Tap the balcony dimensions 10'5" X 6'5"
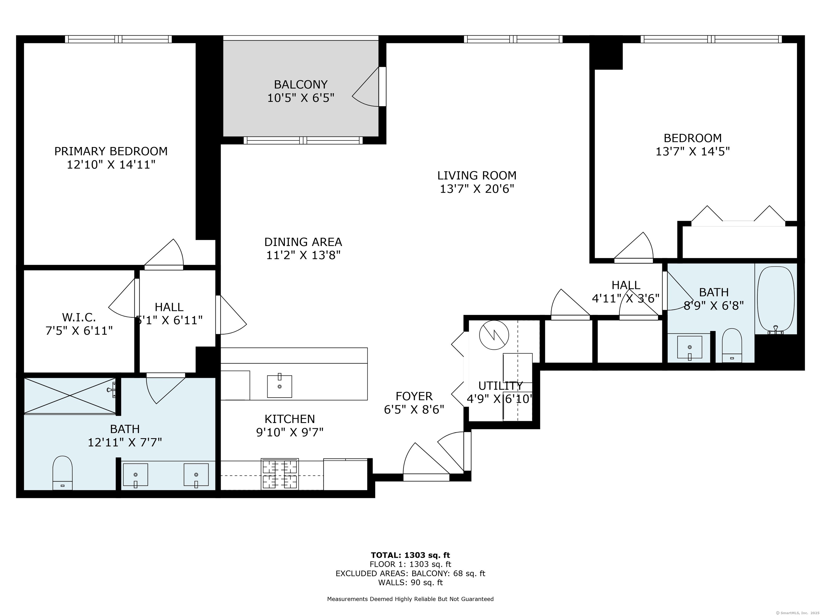coord(301,98)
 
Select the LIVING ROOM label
coord(477,175)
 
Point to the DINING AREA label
coord(303,242)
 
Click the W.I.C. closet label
coord(79,317)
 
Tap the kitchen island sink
coord(280,386)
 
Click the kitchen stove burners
coord(280,474)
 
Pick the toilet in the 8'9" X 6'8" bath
coord(732,345)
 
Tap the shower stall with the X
coord(70,396)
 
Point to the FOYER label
coord(414,396)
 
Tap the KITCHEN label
coord(290,419)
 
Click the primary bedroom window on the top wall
coord(118,39)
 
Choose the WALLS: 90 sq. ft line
coord(410,583)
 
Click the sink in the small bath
coord(690,348)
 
